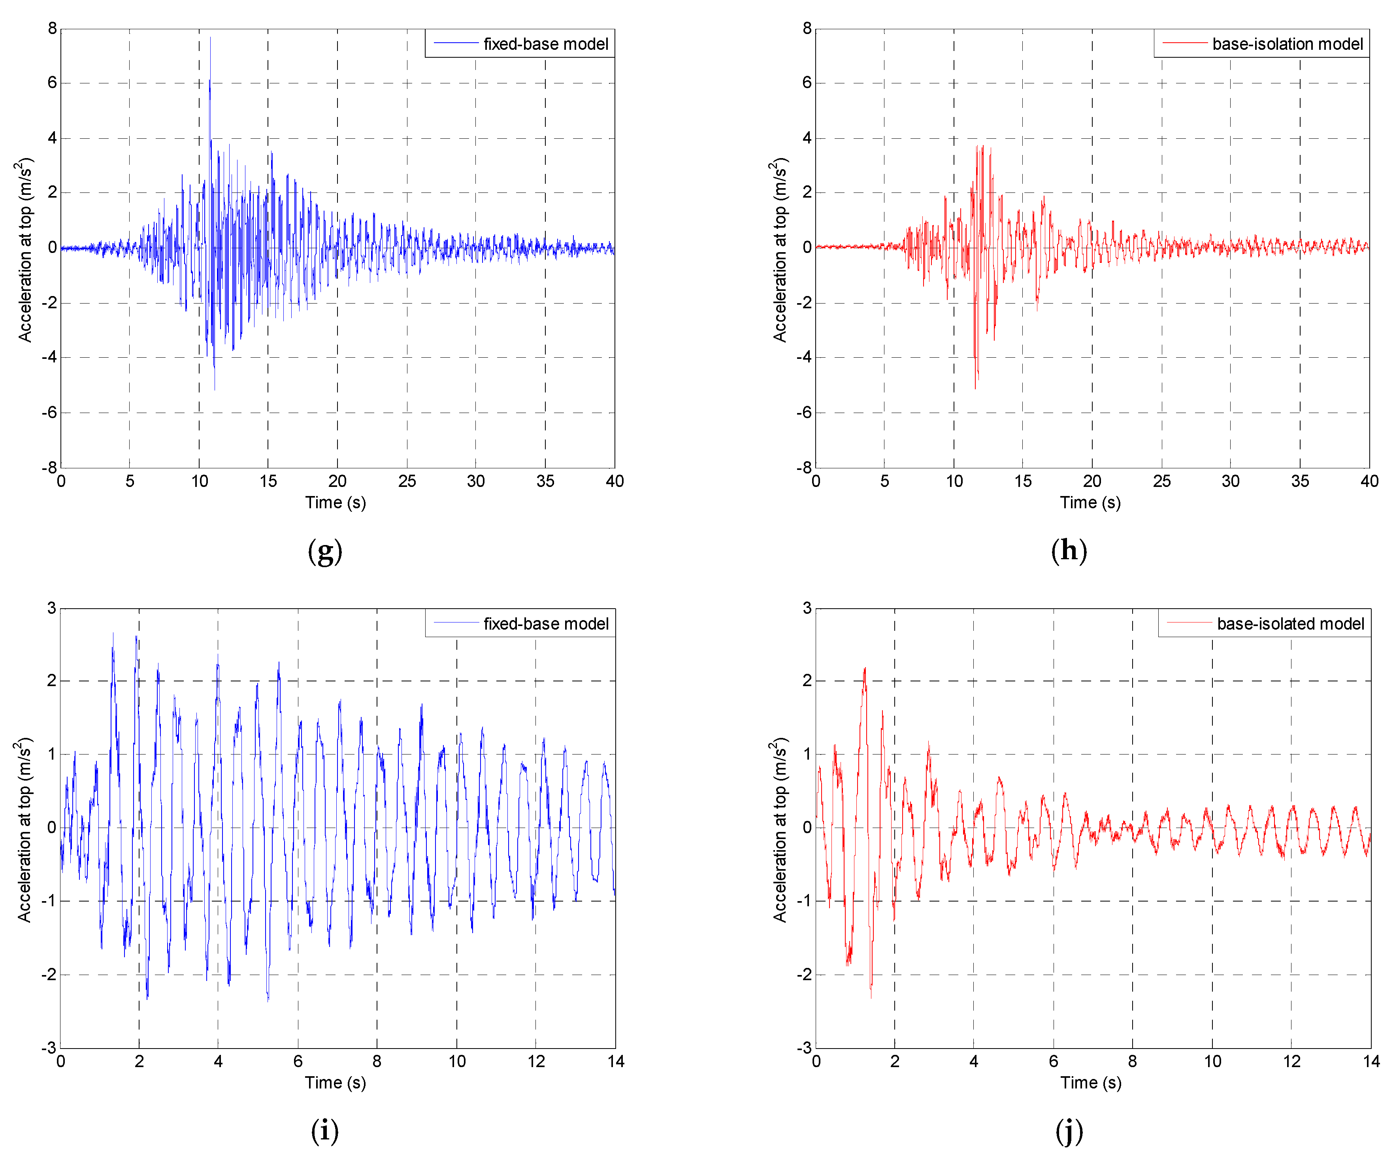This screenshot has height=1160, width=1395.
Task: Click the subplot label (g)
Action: [x=325, y=551]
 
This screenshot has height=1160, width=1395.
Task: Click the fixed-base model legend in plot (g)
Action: [x=520, y=44]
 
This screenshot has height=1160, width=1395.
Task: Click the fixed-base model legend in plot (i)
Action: [x=520, y=624]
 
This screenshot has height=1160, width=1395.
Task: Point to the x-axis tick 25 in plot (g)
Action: [x=407, y=481]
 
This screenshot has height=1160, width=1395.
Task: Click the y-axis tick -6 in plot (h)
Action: [x=805, y=413]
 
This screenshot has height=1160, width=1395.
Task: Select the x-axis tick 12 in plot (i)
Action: [x=536, y=1061]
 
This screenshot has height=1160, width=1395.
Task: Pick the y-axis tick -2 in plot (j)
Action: [x=805, y=975]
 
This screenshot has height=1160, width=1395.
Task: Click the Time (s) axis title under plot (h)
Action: [x=1090, y=502]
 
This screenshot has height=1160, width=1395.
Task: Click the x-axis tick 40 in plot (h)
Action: [x=1369, y=481]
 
